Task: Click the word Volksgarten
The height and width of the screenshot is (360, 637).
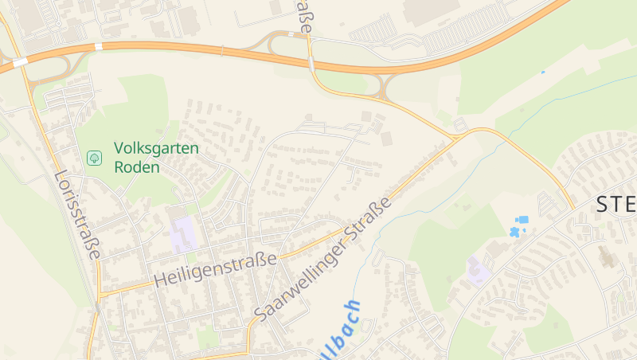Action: coord(156,148)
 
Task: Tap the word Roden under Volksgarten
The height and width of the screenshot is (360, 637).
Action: coord(137,167)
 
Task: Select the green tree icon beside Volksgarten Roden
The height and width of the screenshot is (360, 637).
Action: coord(95,157)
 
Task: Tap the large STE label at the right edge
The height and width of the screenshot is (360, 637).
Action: coord(616,205)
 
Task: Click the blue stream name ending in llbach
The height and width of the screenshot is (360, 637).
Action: coord(341,328)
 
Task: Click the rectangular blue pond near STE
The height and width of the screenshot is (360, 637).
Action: coord(522,219)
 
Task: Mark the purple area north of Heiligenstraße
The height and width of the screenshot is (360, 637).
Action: coord(183,234)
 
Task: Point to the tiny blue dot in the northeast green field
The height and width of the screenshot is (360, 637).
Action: coord(543,72)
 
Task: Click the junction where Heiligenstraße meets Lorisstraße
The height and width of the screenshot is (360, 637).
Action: coord(99,292)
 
